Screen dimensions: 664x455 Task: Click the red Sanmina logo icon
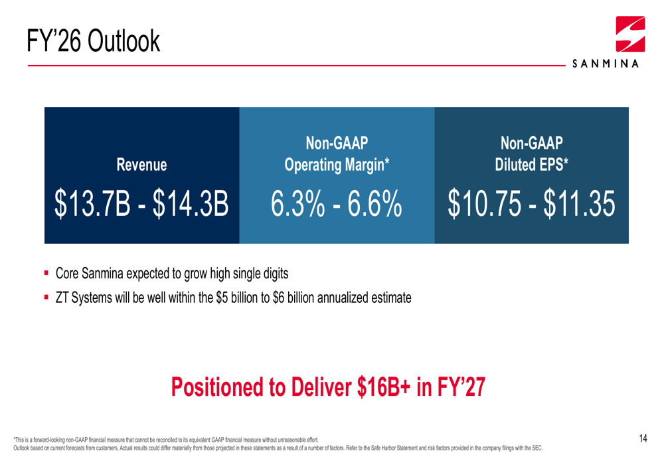pyautogui.click(x=630, y=34)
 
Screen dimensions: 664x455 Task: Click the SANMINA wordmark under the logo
pyautogui.click(x=605, y=64)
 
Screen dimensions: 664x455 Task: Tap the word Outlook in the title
pyautogui.click(x=124, y=41)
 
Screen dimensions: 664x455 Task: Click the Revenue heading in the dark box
pyautogui.click(x=141, y=165)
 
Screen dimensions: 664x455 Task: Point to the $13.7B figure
pyautogui.click(x=92, y=204)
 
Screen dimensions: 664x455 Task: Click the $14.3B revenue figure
pyautogui.click(x=191, y=204)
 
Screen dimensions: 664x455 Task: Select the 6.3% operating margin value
pyautogui.click(x=298, y=204)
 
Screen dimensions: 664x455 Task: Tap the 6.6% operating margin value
pyautogui.click(x=374, y=204)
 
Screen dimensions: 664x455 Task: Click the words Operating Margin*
pyautogui.click(x=337, y=165)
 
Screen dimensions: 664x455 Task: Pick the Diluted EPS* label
pyautogui.click(x=531, y=165)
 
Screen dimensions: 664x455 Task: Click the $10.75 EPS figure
pyautogui.click(x=485, y=204)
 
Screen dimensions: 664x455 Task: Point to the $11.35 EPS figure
pyautogui.click(x=579, y=204)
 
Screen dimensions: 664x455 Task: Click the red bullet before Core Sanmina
pyautogui.click(x=46, y=273)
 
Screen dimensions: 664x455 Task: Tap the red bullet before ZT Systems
pyautogui.click(x=46, y=298)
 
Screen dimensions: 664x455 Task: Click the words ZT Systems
pyautogui.click(x=84, y=298)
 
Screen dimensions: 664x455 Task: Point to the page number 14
pyautogui.click(x=643, y=438)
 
